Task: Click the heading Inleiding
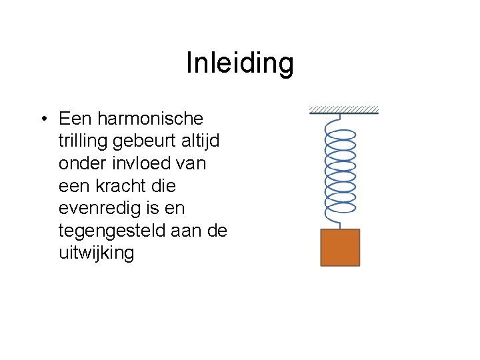pos(239,63)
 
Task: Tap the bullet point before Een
pos(43,119)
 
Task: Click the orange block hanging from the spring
pos(340,247)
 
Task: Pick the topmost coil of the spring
pos(339,133)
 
